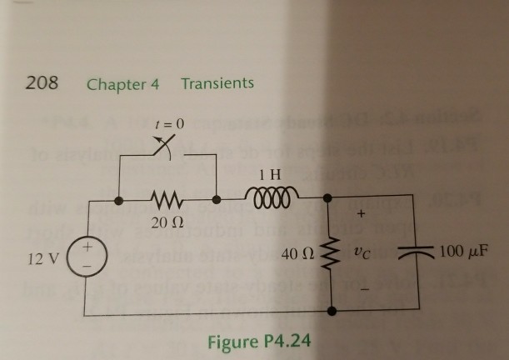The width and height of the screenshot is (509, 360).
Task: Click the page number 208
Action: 42,84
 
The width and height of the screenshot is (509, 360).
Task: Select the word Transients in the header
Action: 217,84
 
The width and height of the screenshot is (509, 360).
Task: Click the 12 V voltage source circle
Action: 87,254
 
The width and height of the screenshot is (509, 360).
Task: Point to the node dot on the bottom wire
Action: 333,313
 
